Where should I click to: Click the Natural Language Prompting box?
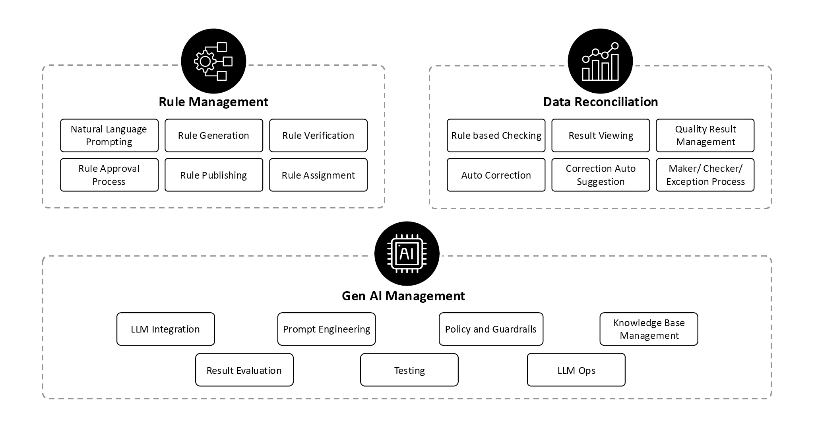coord(109,136)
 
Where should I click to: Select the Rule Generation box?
coord(214,136)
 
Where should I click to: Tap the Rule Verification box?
coord(318,136)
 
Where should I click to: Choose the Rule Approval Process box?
coord(109,175)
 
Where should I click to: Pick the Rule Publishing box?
coord(214,175)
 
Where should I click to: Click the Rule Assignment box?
coord(318,175)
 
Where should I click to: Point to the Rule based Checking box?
coord(496,136)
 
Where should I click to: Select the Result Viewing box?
coord(601,136)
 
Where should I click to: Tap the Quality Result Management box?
coord(705,136)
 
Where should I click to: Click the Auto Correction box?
coord(496,175)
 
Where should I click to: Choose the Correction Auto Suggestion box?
coord(601,175)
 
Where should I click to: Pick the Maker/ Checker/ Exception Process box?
coord(705,175)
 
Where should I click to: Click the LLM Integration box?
coord(166,329)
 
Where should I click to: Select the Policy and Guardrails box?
coord(491,329)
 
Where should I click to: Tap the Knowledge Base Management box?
coord(649,329)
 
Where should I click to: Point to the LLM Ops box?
coord(576,370)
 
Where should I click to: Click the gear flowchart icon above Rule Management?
coord(213,61)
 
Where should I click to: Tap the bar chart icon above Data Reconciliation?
coord(600,61)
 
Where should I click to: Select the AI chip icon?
coord(407,253)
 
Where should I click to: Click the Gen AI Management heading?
coord(403,296)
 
